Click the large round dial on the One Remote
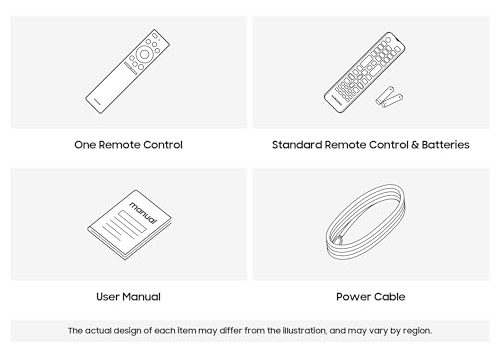tap(144, 54)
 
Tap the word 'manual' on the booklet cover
tap(143, 213)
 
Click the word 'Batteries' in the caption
tap(445, 145)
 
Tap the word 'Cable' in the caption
tap(391, 297)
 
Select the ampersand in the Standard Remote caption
tap(415, 145)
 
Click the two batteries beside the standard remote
tap(389, 97)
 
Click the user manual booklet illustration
tap(130, 225)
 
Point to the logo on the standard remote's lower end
tap(336, 100)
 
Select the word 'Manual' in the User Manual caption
tap(143, 297)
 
